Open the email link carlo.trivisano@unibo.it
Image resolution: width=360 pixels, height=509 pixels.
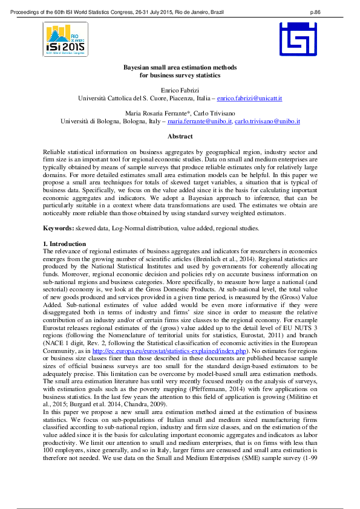267,121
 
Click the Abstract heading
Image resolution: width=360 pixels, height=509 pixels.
180,137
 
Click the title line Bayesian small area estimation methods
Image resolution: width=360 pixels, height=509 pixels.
180,67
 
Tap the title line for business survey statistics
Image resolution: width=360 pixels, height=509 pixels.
180,75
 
